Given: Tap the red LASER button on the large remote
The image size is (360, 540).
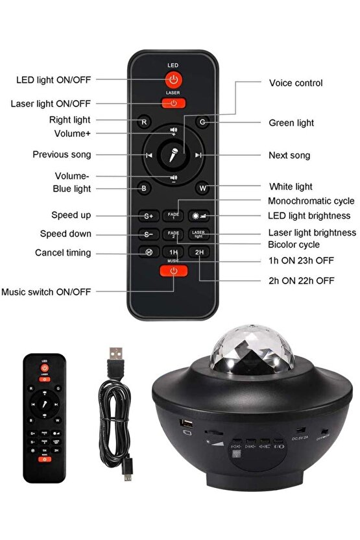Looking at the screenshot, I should [x=173, y=103].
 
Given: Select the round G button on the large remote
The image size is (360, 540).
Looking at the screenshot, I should [x=202, y=121].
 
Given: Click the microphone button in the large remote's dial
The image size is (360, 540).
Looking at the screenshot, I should [x=174, y=155].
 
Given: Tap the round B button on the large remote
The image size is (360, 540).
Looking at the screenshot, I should [x=145, y=189].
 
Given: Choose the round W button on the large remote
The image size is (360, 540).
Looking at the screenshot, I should [x=202, y=189].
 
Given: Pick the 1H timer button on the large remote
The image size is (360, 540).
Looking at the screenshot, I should [x=173, y=252].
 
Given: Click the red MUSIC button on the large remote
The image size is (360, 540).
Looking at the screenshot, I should [x=173, y=271].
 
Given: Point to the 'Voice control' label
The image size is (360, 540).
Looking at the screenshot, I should [x=295, y=83].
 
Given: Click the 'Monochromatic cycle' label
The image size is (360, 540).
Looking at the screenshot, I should [x=311, y=201].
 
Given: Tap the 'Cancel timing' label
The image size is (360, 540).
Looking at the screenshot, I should [x=63, y=252].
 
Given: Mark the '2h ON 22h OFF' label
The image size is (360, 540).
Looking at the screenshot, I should [x=302, y=280].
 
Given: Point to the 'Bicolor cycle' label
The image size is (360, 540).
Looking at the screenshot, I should [x=293, y=245].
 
